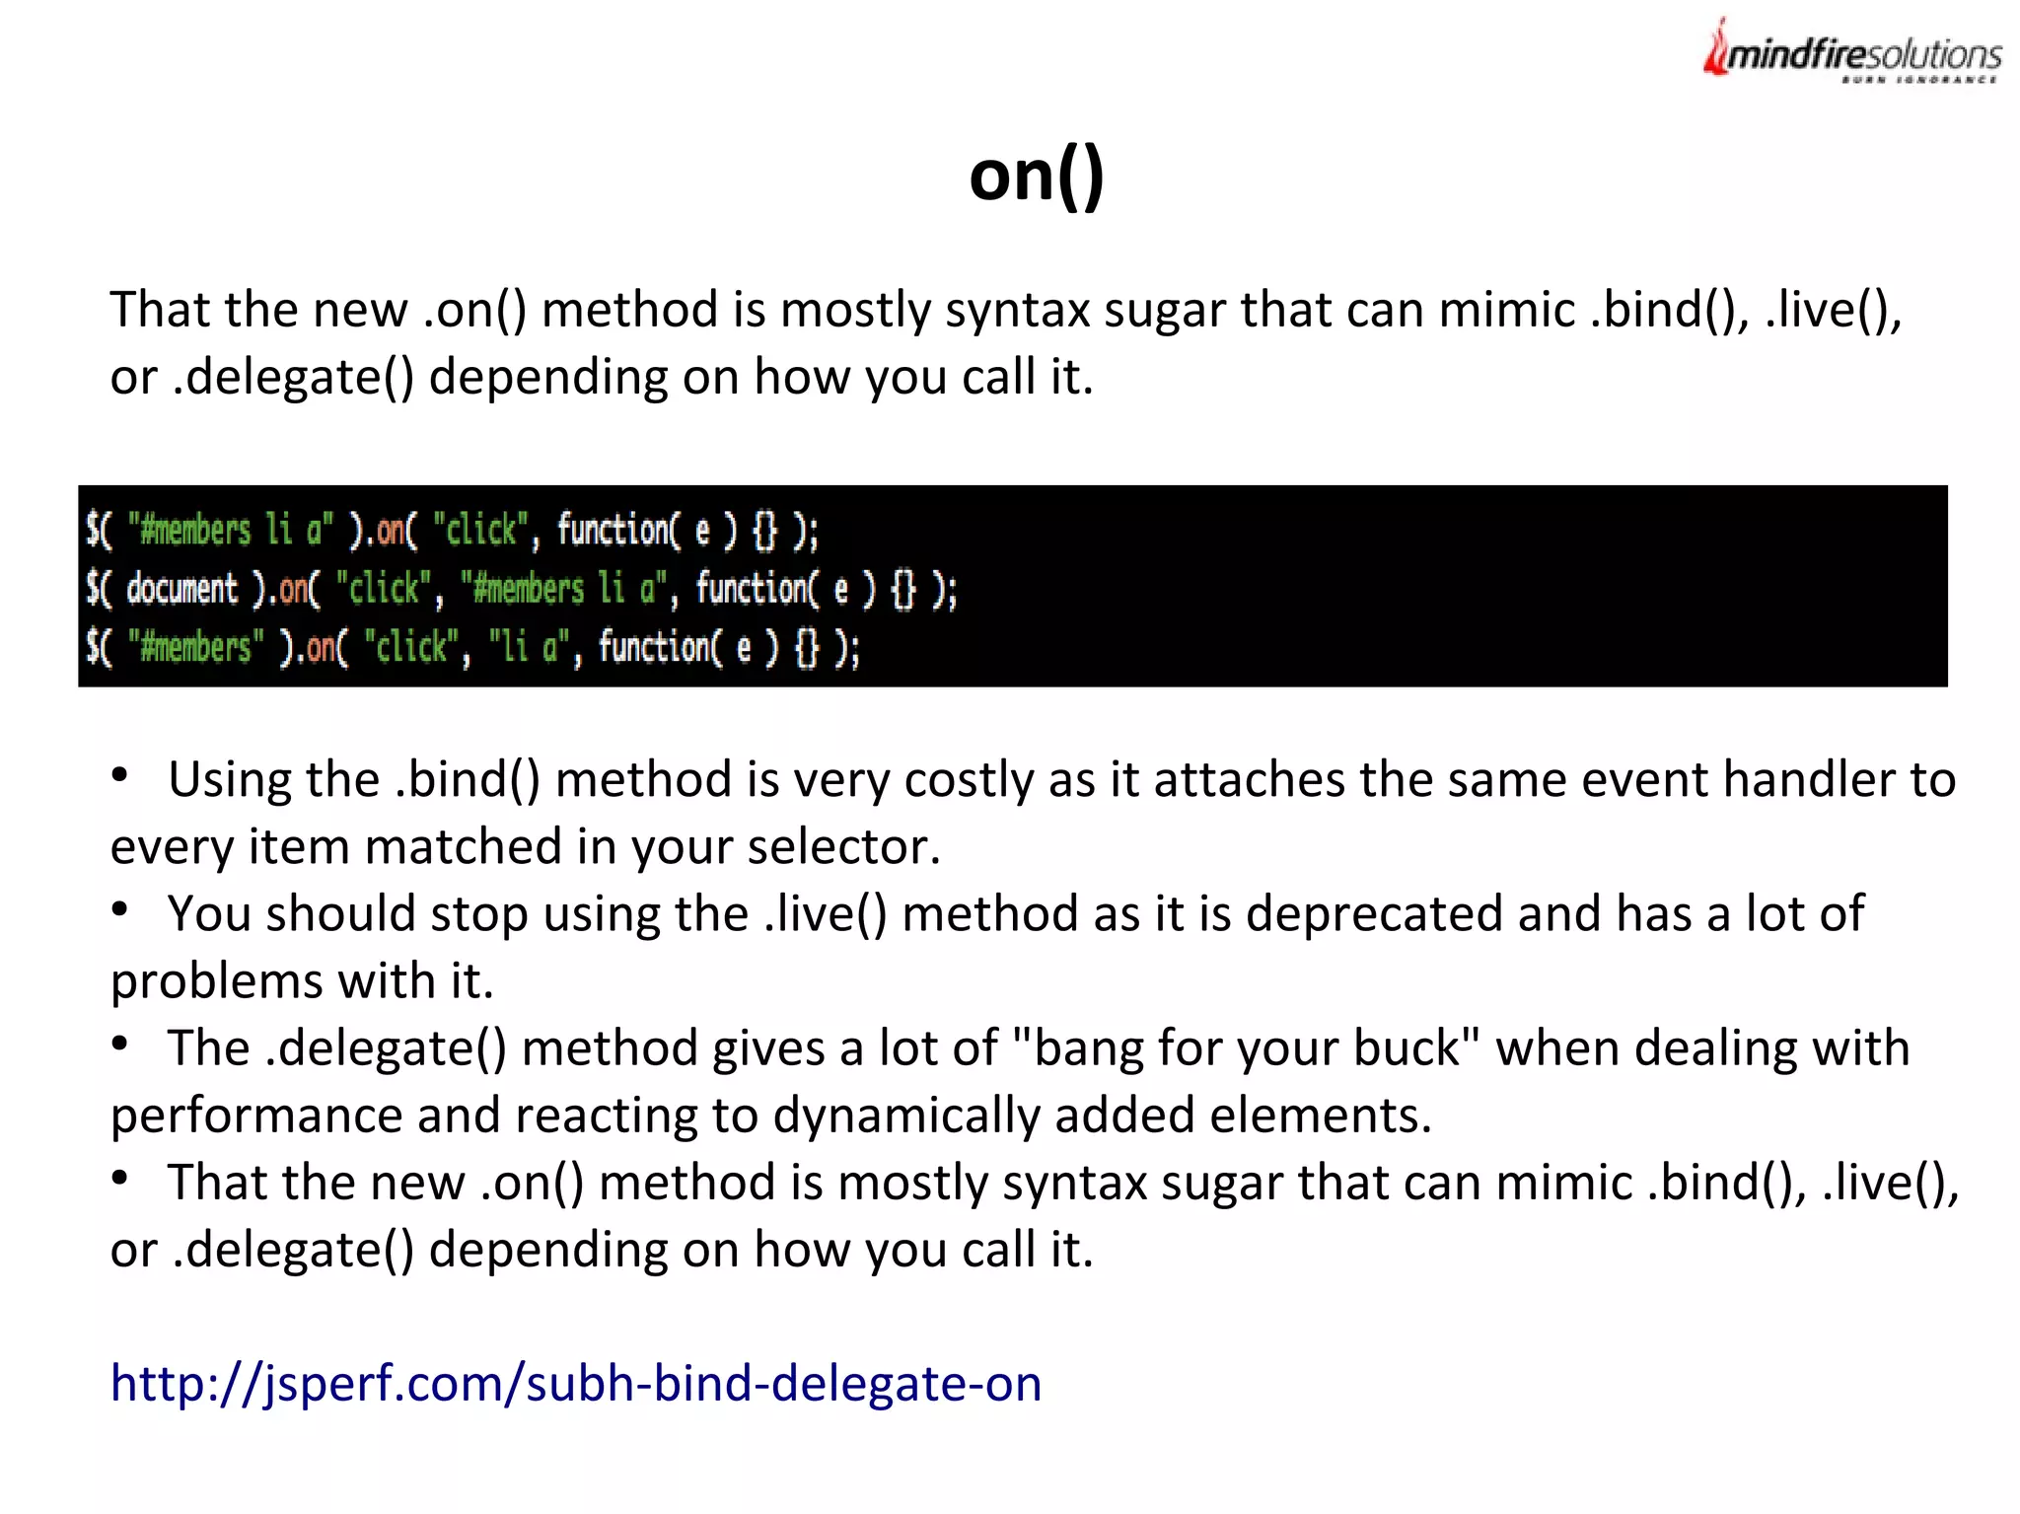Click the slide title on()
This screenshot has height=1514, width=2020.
[x=1036, y=176]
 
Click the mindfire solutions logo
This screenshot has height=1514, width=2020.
[x=1852, y=52]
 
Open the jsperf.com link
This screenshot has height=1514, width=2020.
[x=576, y=1383]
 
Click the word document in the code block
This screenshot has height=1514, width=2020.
[x=182, y=590]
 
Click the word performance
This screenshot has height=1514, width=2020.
[x=255, y=1116]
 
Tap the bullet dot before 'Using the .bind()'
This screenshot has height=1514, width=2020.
[x=120, y=775]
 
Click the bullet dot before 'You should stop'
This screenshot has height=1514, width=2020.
[x=120, y=909]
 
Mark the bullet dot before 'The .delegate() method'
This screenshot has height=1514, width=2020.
[x=120, y=1044]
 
